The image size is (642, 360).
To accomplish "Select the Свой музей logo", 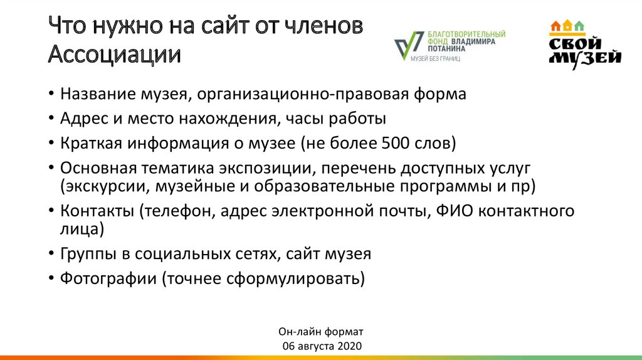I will (584, 44).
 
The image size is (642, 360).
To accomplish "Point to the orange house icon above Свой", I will (555, 26).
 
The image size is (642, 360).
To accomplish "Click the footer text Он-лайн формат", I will (320, 331).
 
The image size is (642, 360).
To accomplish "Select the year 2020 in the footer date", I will (349, 346).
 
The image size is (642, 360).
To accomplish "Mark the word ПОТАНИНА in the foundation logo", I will (446, 48).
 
